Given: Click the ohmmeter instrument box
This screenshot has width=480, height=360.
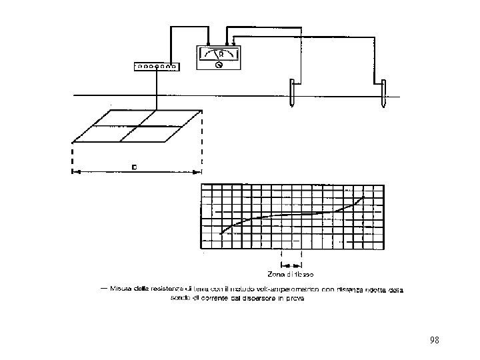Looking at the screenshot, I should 217,57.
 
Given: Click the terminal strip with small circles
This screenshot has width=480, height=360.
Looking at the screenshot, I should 155,66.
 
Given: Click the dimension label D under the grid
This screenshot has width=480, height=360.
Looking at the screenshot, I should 135,167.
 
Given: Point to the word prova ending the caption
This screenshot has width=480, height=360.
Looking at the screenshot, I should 296,299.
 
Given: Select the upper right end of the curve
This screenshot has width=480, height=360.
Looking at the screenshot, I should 363,197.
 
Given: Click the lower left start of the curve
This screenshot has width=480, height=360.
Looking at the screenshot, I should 221,232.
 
